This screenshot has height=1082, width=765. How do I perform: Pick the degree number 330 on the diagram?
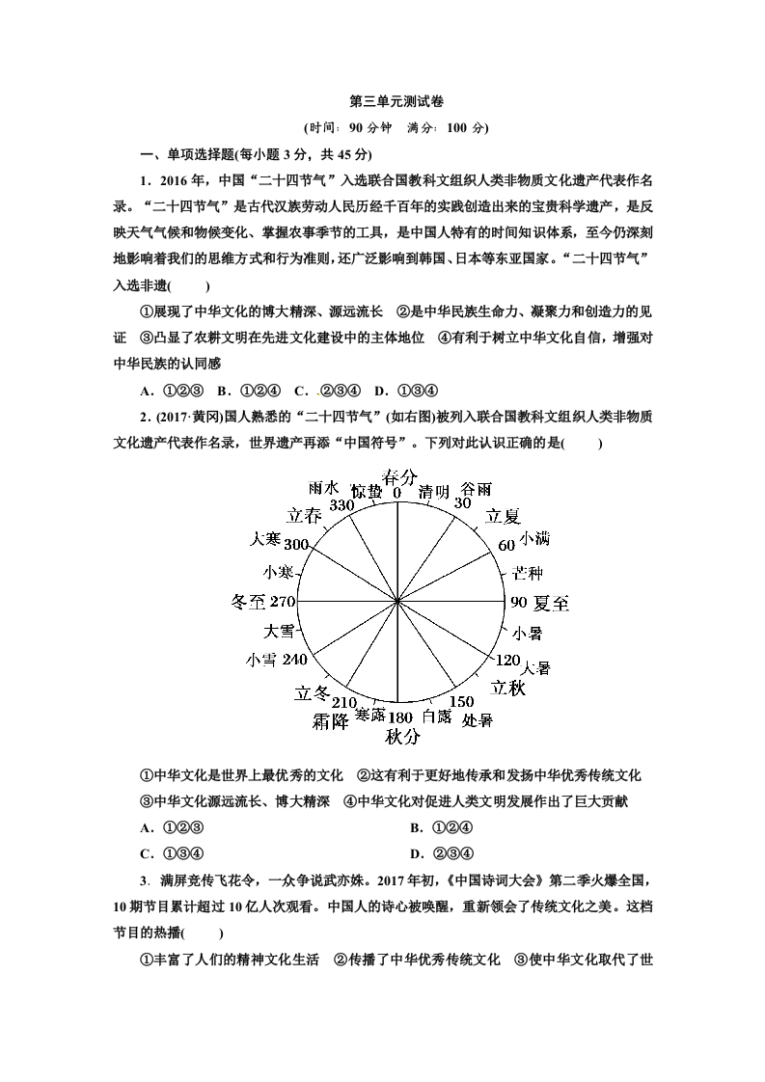click(x=342, y=504)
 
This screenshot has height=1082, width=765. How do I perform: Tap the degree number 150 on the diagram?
click(x=462, y=701)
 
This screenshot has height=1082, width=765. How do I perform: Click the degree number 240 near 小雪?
click(x=295, y=660)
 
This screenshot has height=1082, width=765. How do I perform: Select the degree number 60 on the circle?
click(x=506, y=545)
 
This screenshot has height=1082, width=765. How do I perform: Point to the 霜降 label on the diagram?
click(x=330, y=720)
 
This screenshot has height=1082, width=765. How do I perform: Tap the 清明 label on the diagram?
click(x=434, y=492)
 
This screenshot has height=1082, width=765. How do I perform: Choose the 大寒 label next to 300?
click(x=265, y=538)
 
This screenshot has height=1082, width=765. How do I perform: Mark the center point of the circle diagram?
click(x=398, y=601)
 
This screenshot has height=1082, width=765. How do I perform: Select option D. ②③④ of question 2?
click(x=442, y=852)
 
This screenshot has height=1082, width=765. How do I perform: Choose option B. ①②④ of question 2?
click(x=442, y=827)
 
